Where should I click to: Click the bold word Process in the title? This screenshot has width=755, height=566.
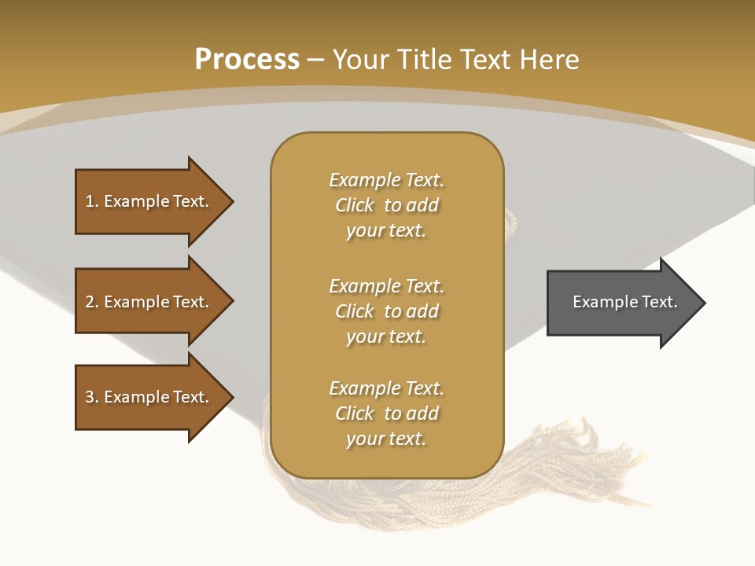(x=247, y=59)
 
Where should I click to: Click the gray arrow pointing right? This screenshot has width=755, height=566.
(x=621, y=303)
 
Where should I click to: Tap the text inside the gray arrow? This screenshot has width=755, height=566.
(x=624, y=302)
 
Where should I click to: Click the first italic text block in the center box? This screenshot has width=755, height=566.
(x=386, y=205)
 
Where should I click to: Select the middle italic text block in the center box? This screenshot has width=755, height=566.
(x=386, y=311)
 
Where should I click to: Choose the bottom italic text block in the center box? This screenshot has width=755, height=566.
(x=386, y=413)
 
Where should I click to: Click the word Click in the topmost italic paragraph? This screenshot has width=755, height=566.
(x=355, y=205)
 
